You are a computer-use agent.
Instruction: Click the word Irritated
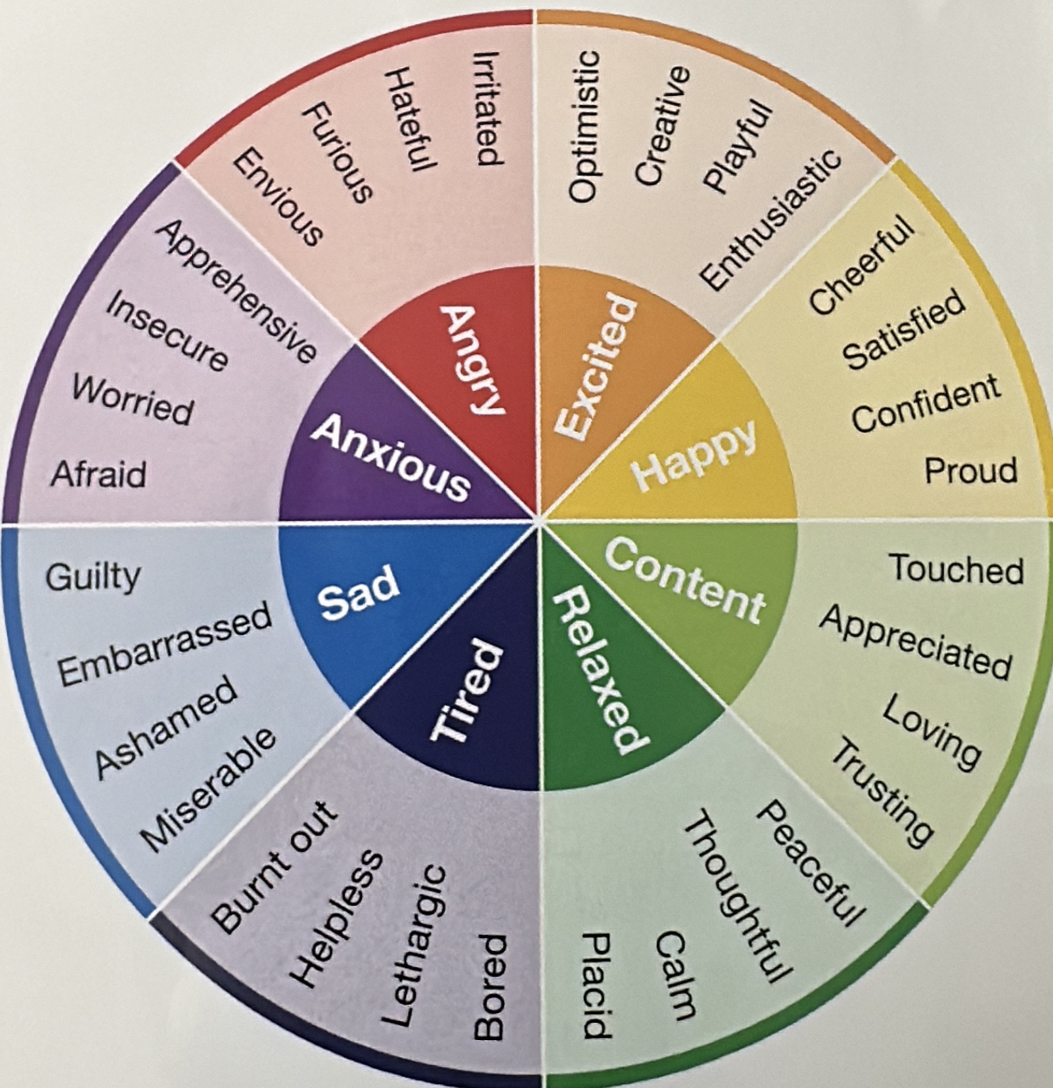(489, 108)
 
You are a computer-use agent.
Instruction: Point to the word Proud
(970, 471)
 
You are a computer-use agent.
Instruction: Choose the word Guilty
(93, 577)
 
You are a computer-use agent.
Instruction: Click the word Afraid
(98, 474)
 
